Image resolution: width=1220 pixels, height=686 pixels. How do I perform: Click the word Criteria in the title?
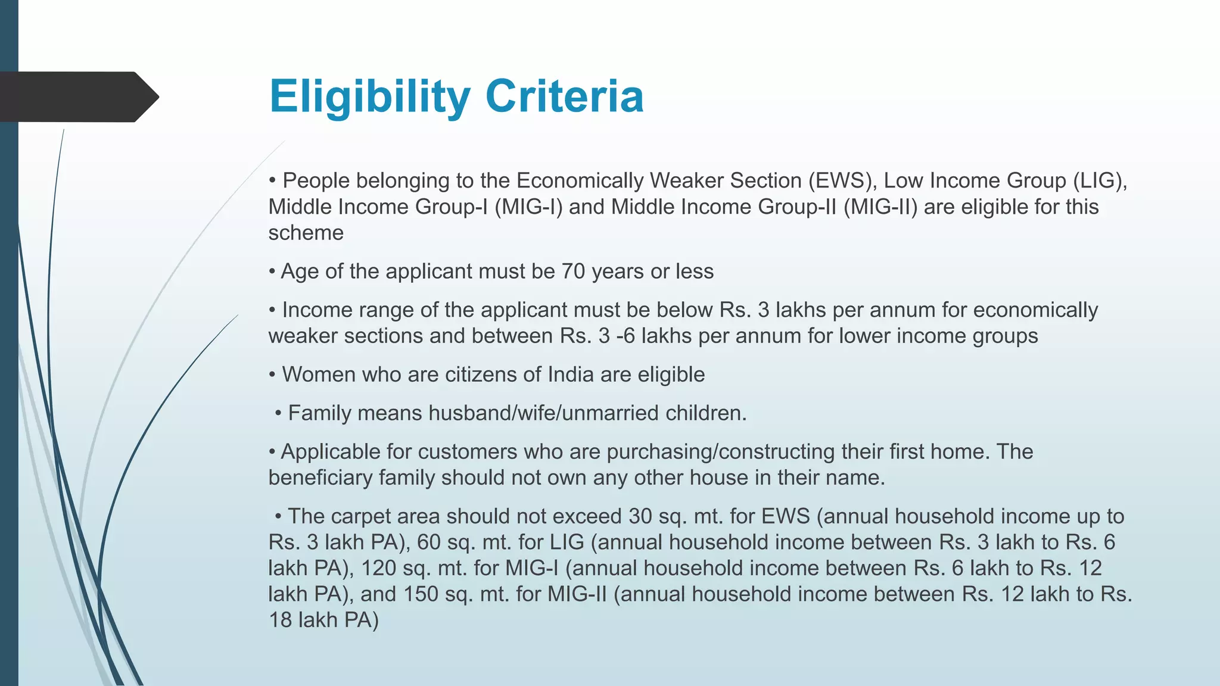pyautogui.click(x=564, y=96)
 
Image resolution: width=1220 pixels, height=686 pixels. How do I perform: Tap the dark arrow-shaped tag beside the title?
pyautogui.click(x=77, y=97)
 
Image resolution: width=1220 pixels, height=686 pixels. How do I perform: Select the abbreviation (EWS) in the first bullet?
pyautogui.click(x=842, y=180)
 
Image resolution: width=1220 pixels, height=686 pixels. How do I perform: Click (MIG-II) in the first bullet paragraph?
pyautogui.click(x=880, y=207)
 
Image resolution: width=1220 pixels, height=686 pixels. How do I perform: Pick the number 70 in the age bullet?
pyautogui.click(x=573, y=272)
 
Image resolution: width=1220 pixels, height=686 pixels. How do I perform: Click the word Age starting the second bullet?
pyautogui.click(x=300, y=272)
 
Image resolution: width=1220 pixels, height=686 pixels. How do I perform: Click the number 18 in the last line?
pyautogui.click(x=280, y=620)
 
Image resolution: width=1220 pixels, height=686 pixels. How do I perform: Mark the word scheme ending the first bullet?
pyautogui.click(x=306, y=233)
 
